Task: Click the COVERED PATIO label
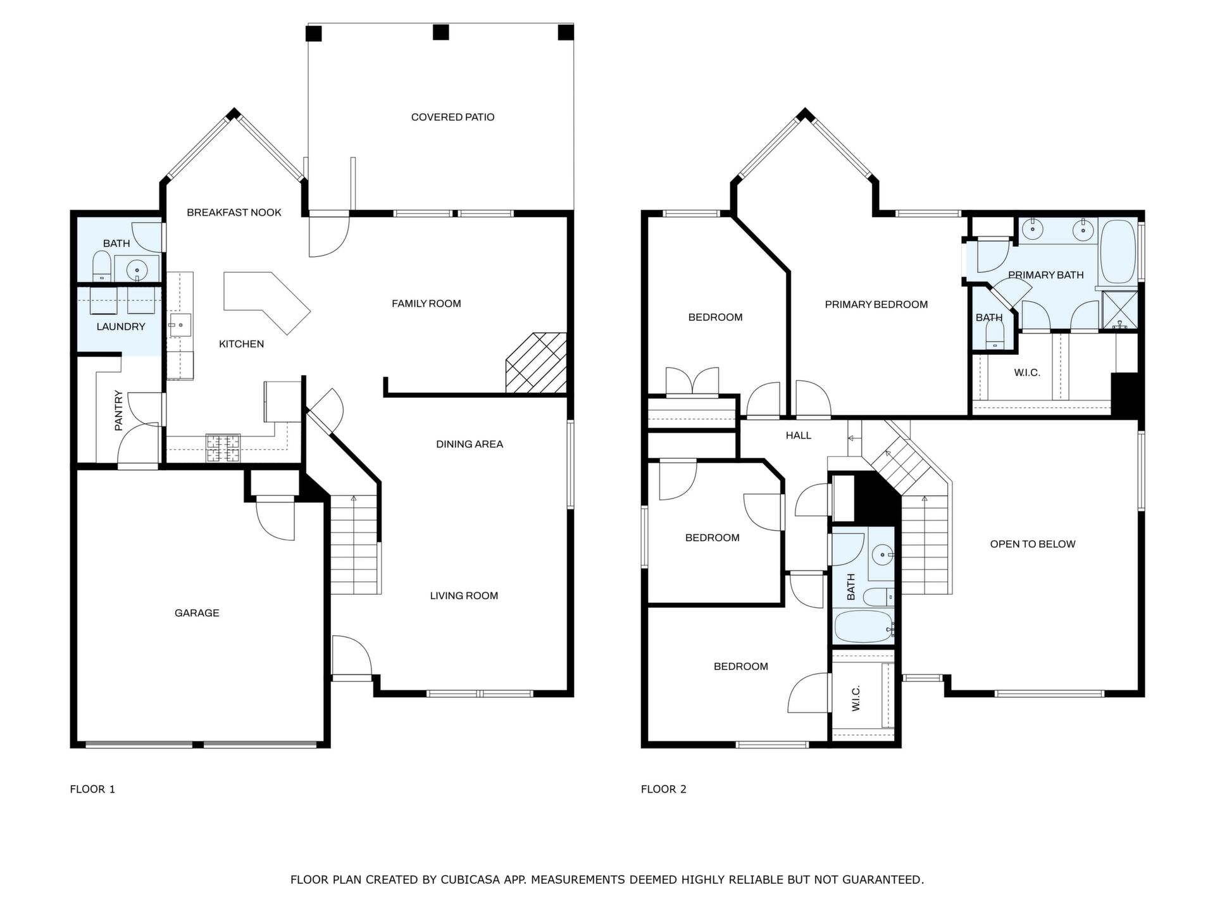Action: [452, 117]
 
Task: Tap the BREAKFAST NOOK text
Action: [234, 213]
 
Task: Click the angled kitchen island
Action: [266, 301]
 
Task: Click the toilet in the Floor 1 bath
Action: [102, 266]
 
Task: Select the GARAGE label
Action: [197, 613]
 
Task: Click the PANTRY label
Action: [118, 411]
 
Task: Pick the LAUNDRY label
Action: [121, 327]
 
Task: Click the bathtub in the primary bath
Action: [1118, 252]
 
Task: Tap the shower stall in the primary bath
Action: [1119, 310]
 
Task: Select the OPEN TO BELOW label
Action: [1033, 544]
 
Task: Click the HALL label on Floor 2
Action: [799, 435]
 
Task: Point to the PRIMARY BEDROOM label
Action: [876, 304]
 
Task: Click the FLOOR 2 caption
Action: [664, 789]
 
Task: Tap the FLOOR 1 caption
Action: [92, 789]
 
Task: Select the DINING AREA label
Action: [470, 444]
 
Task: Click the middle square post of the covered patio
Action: [440, 32]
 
